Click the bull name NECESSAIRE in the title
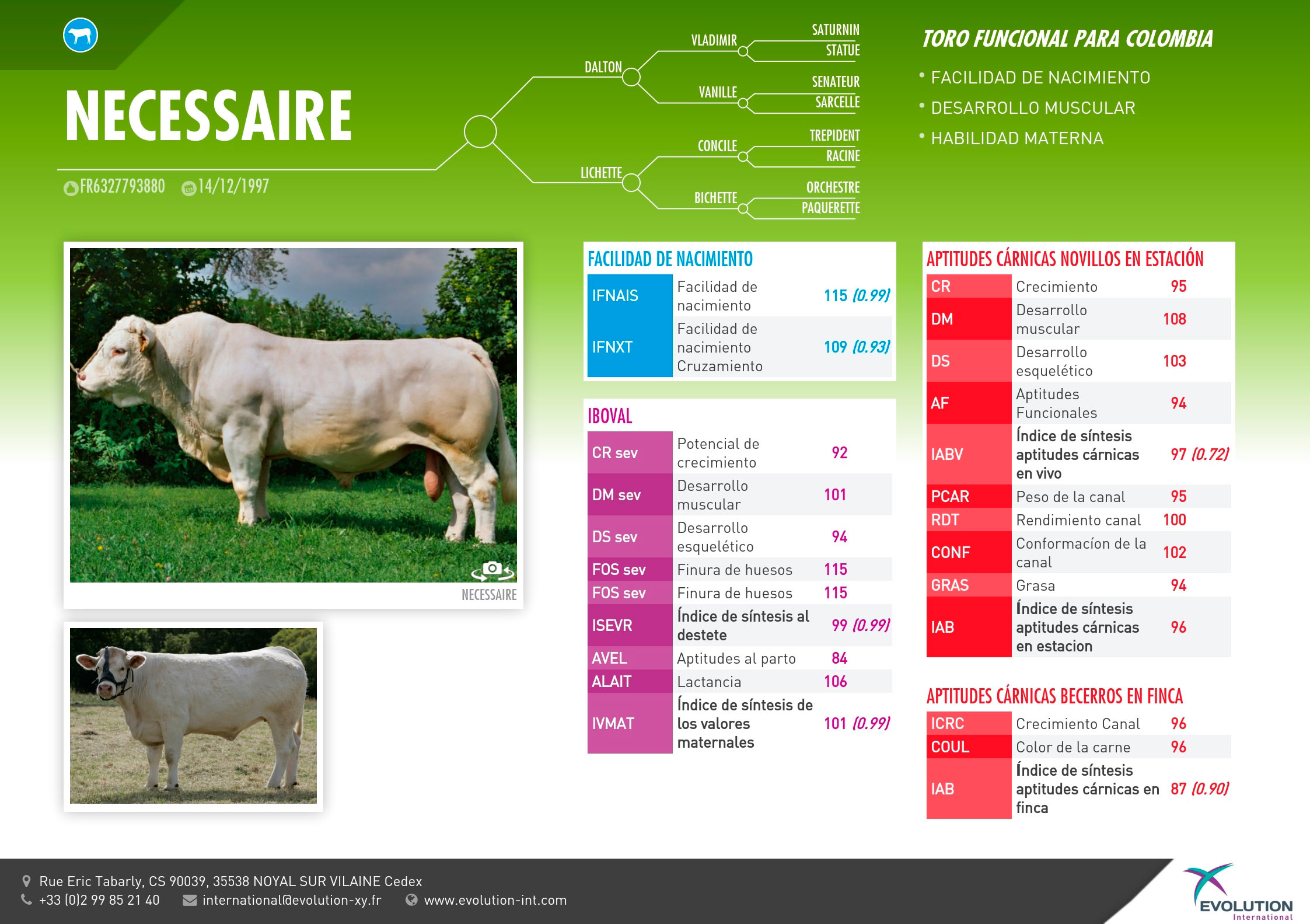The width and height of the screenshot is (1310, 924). [x=208, y=116]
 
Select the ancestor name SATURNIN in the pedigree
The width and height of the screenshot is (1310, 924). [x=836, y=30]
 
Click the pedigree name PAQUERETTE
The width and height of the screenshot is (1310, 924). [x=831, y=208]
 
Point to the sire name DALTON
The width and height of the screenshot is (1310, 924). [x=603, y=67]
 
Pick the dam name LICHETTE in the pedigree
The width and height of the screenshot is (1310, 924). [x=601, y=173]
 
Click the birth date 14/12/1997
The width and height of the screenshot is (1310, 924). [x=233, y=186]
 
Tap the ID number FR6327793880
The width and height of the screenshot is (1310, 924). [x=123, y=186]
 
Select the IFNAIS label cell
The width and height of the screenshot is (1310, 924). [x=630, y=295]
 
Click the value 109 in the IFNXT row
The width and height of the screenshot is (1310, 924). [x=835, y=347]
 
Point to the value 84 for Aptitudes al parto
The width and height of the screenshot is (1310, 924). [x=840, y=658]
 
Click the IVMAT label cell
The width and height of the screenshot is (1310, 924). [x=630, y=723]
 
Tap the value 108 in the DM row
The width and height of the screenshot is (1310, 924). [x=1175, y=319]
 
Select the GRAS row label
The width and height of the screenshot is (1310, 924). [x=969, y=585]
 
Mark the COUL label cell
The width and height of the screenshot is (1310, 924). [x=969, y=747]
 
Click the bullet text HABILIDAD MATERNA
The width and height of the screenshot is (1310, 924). [x=1017, y=138]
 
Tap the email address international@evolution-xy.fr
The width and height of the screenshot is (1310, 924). [x=292, y=900]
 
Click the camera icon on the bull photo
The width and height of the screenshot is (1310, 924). [x=493, y=570]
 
